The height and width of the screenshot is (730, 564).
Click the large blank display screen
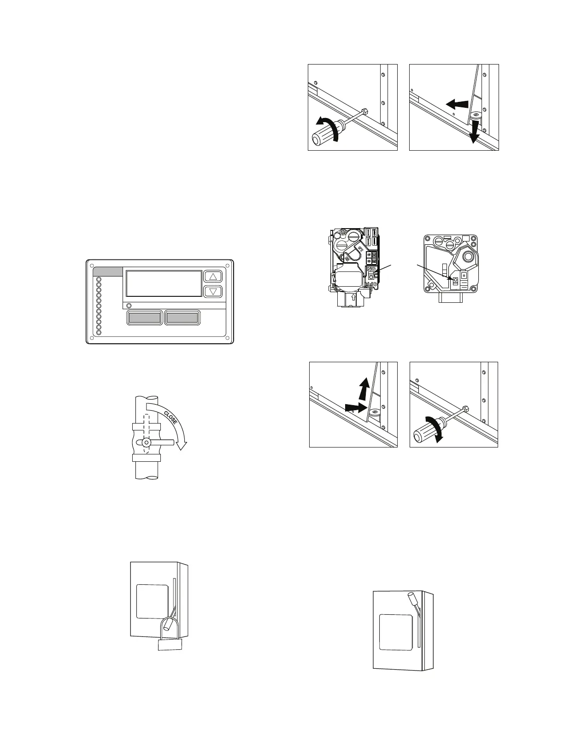(x=164, y=283)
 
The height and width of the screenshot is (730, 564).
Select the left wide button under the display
(x=144, y=318)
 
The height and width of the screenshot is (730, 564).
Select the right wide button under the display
(x=182, y=318)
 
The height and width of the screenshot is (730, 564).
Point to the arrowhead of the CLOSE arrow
(x=183, y=445)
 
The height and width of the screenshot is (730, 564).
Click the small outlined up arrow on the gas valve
(x=352, y=298)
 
